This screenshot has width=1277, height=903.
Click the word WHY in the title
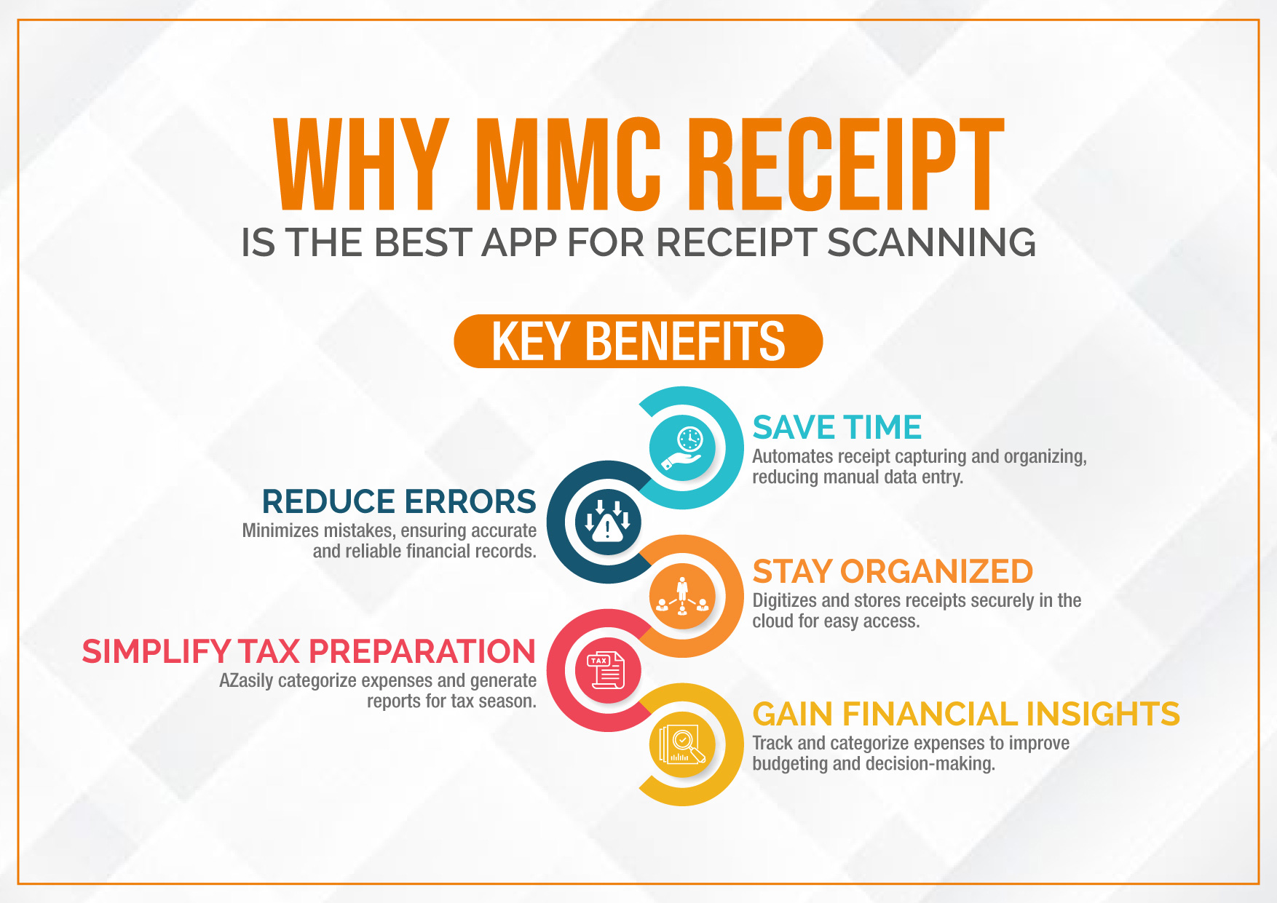point(362,164)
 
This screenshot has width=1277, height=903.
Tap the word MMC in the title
point(568,164)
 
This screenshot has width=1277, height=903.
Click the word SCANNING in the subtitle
point(931,242)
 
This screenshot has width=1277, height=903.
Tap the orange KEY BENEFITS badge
point(638,341)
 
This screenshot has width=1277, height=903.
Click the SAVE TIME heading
point(837,427)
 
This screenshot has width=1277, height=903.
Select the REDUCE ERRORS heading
point(399,501)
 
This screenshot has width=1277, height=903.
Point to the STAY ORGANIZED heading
point(893,571)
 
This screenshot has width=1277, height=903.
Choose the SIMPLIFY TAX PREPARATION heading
point(309,651)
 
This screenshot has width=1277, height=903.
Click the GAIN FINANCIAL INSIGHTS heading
point(966,714)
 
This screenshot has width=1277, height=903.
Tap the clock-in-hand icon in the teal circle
point(682,448)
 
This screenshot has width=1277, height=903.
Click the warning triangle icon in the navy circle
point(608,521)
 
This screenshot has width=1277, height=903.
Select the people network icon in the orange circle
point(682,597)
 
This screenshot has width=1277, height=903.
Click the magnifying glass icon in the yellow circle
point(682,745)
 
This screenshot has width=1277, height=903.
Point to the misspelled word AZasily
point(247,680)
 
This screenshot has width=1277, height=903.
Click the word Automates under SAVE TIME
point(793,456)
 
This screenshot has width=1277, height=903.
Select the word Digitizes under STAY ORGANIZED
point(785,600)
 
